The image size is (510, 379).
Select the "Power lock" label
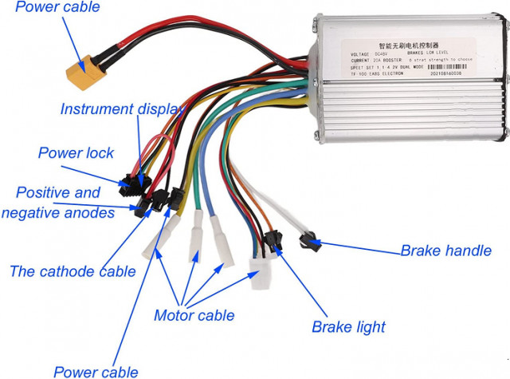click(x=76, y=152)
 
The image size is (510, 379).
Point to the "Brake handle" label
click(x=445, y=251)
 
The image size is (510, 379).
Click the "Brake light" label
click(x=348, y=326)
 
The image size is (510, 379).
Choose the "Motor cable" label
click(x=194, y=315)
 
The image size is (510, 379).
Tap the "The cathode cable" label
click(x=73, y=271)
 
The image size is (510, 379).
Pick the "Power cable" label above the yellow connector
click(x=57, y=8)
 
